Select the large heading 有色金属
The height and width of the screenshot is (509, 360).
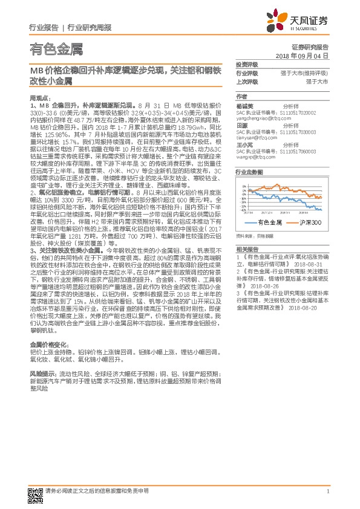click(56, 48)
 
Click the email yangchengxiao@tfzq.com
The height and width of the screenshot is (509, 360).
click(261, 118)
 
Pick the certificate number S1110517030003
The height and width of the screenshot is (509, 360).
click(293, 132)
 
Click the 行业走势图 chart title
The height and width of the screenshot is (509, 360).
click(249, 172)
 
